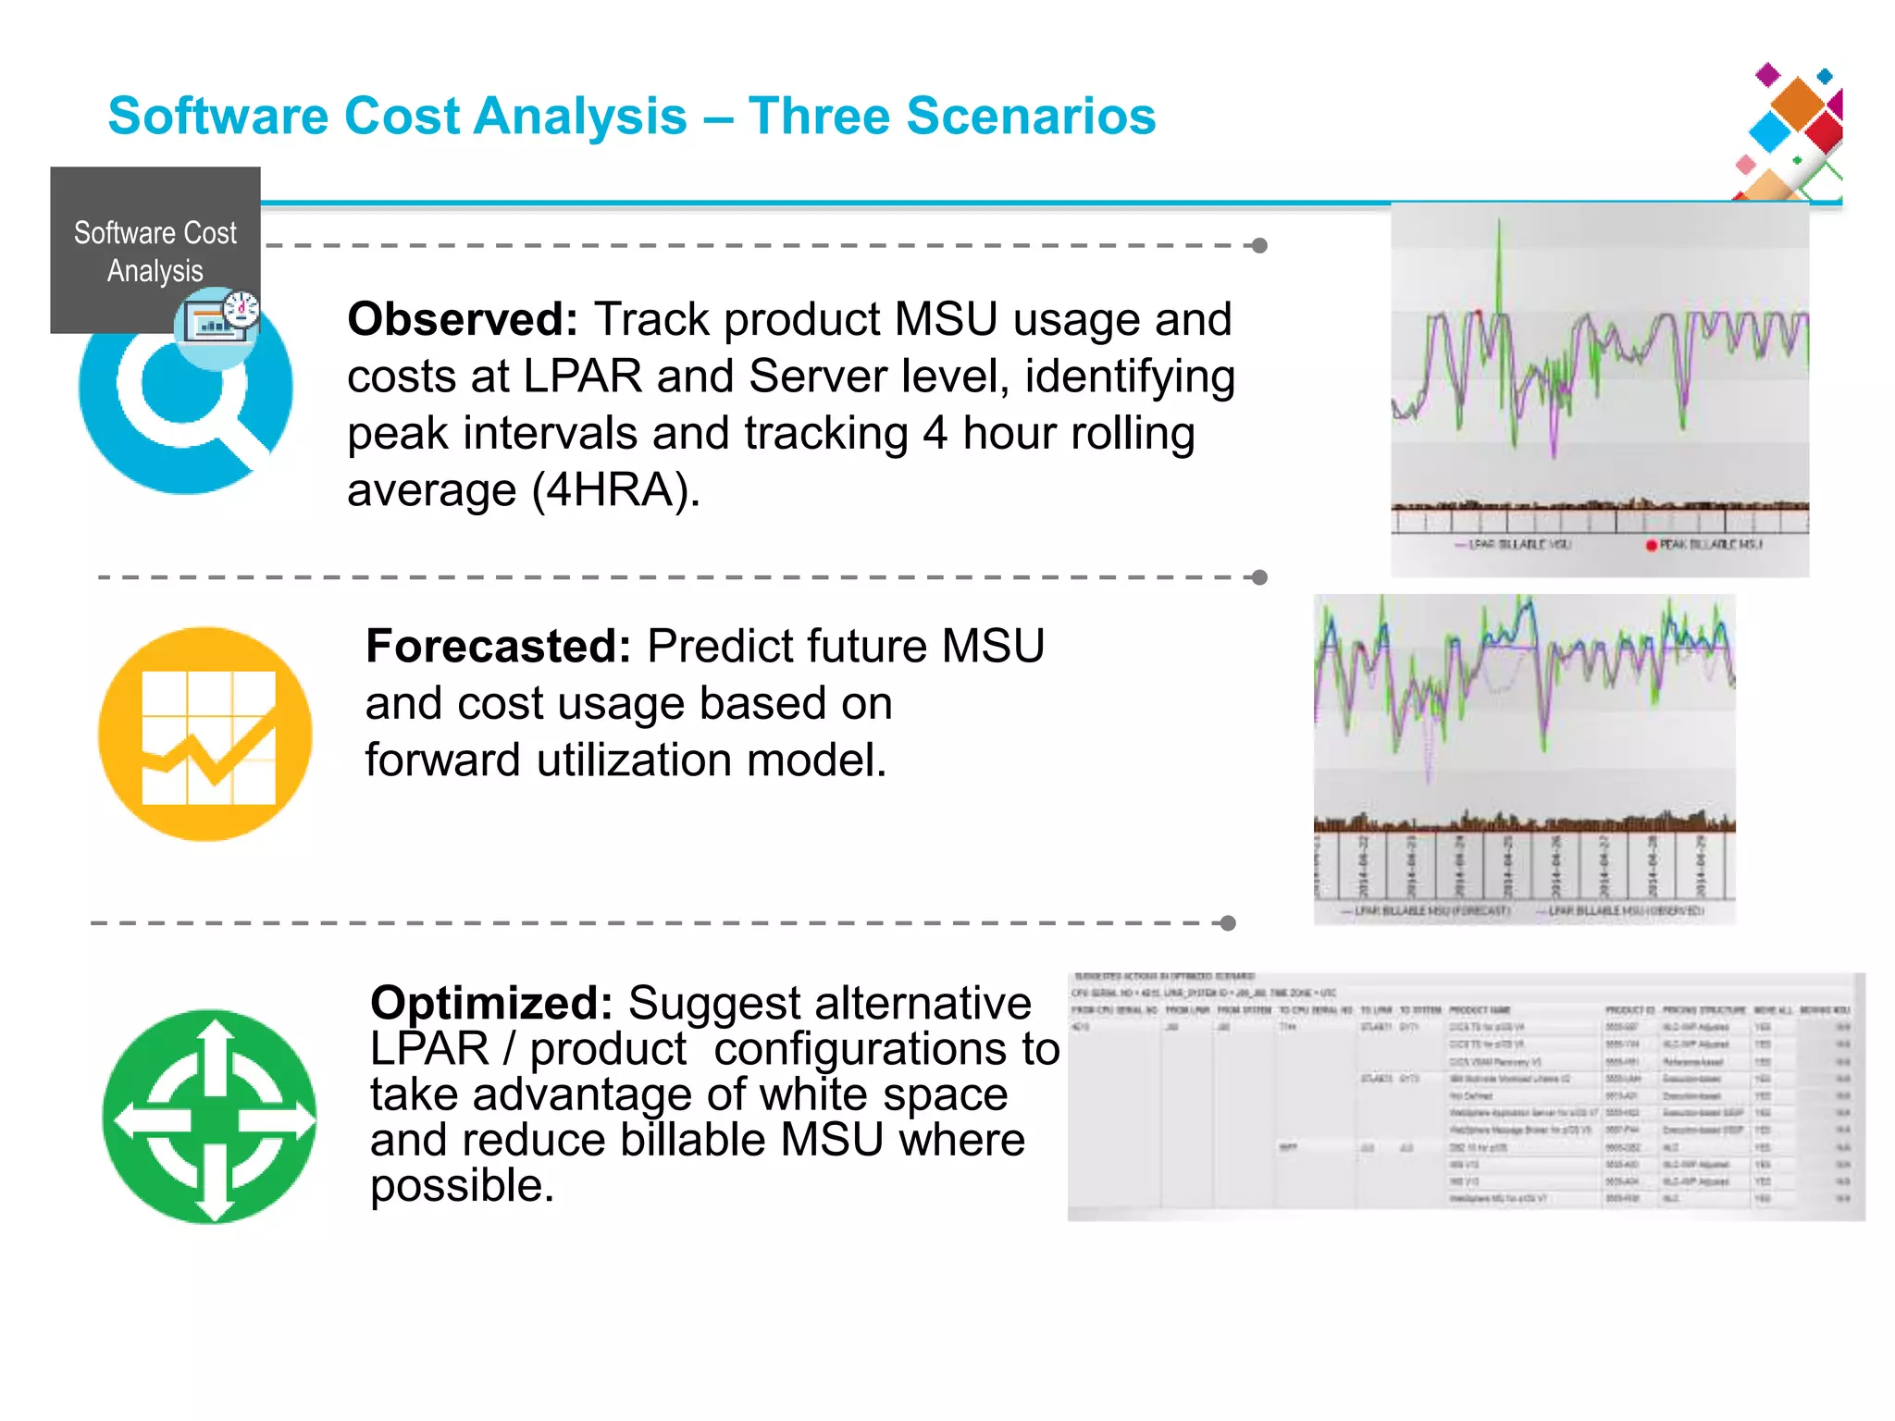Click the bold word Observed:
point(462,319)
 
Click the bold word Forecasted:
point(498,646)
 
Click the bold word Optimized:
point(490,1003)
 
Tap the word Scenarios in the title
point(1031,117)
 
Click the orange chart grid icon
point(205,735)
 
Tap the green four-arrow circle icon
point(210,1118)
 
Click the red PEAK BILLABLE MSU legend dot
point(1651,545)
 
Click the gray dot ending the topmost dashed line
point(1259,245)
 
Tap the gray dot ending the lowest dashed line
point(1228,923)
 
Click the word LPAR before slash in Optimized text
point(428,1049)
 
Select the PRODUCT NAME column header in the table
point(1479,1010)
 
